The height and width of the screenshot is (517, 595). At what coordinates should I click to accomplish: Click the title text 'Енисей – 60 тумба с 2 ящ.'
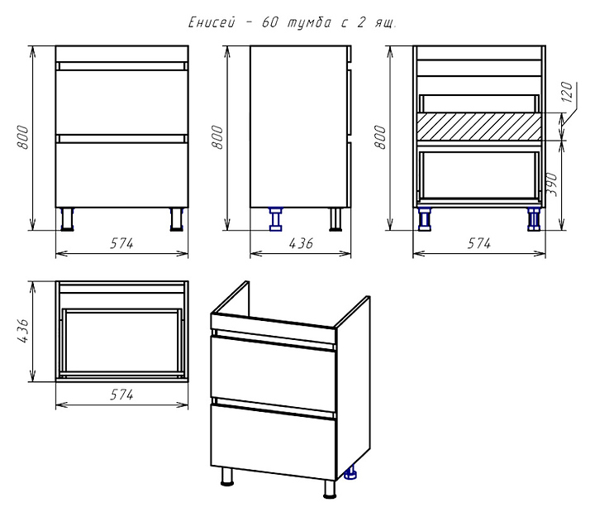point(293,22)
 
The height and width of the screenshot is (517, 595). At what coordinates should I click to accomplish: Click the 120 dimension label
point(567,92)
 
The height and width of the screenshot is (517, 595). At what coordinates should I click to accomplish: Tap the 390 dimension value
point(553,184)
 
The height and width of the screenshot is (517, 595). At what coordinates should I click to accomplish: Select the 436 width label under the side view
point(301,243)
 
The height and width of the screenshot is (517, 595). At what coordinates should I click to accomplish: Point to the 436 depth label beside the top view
point(23,331)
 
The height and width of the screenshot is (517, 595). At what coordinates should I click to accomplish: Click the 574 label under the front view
point(121,243)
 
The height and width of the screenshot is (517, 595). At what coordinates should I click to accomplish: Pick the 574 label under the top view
point(121,395)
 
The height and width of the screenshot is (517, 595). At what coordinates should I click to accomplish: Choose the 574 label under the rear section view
point(478,243)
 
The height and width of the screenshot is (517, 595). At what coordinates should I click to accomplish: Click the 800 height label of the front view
point(23,137)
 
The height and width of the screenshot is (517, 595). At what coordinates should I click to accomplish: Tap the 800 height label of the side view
point(217,137)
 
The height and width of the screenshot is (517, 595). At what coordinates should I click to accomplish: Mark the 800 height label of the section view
point(380,137)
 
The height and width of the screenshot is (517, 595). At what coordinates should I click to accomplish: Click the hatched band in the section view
point(478,126)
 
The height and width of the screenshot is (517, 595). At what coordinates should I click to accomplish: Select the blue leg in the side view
point(275,219)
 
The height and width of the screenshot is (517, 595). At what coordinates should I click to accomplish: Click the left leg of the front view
point(68,219)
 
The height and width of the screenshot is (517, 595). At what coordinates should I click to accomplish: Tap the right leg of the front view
point(177,219)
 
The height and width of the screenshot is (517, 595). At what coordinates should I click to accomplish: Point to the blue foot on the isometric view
point(351,472)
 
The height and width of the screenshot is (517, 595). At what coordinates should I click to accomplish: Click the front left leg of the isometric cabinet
point(227,476)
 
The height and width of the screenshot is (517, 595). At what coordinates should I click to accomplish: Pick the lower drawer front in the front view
point(121,175)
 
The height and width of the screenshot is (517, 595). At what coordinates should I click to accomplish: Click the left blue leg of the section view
point(425,219)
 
